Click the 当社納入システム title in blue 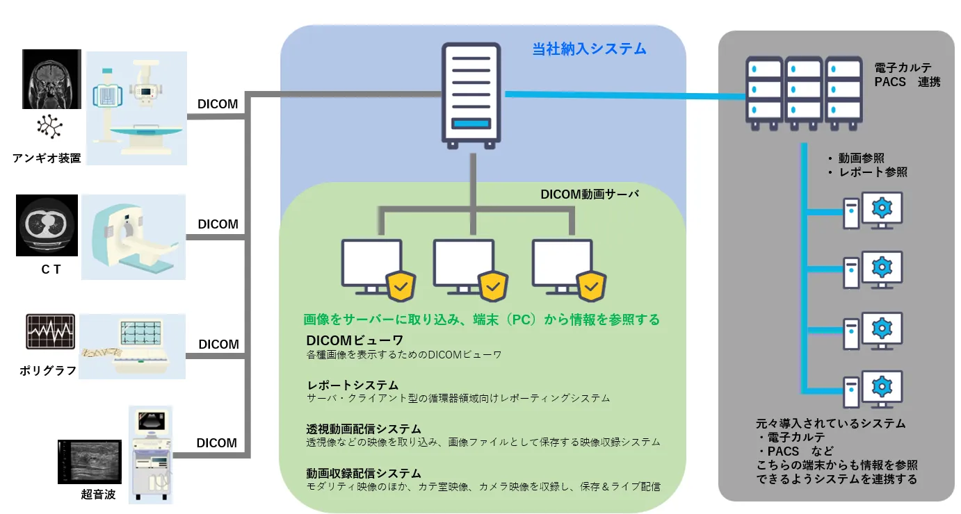pos(589,49)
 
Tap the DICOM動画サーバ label pos(590,195)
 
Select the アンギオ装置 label pos(47,158)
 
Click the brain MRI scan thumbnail pos(51,78)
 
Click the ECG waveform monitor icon pos(50,331)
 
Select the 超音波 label pos(98,495)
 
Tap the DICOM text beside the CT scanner pos(218,224)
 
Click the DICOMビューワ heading pos(355,340)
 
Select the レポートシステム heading pos(353,385)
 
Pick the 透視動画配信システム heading pos(364,429)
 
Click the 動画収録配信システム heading pos(364,473)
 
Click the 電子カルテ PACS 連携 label pos(907,75)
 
